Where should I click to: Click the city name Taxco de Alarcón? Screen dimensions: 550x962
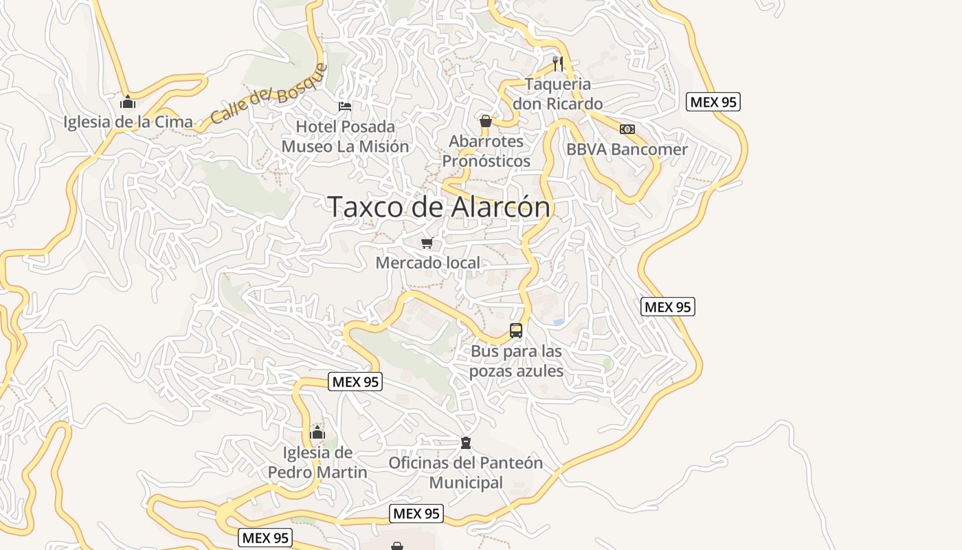(438, 207)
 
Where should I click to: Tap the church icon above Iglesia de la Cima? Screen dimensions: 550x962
(128, 102)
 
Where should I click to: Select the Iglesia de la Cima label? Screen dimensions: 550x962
(128, 122)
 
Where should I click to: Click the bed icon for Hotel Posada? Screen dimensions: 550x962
(345, 106)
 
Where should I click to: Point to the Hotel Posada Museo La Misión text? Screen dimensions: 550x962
(345, 137)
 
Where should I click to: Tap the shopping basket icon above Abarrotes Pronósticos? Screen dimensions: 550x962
(486, 122)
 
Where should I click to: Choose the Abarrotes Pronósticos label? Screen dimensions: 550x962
(486, 151)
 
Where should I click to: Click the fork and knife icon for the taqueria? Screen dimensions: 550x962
(558, 64)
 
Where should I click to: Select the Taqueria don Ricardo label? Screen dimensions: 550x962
(558, 94)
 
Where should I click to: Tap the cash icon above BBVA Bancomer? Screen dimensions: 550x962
(627, 129)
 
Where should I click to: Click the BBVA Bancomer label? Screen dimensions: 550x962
(627, 150)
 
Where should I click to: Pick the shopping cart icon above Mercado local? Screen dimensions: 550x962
(427, 243)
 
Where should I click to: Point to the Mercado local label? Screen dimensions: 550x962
(427, 263)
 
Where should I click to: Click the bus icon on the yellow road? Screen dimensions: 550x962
(516, 331)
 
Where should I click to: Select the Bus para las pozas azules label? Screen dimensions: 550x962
(516, 361)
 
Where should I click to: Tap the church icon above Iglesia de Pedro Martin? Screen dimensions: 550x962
(317, 432)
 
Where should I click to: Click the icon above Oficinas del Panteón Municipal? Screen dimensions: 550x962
(466, 442)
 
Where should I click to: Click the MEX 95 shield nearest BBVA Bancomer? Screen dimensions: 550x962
(713, 102)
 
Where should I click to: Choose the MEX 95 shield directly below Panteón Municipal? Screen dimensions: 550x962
(416, 514)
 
